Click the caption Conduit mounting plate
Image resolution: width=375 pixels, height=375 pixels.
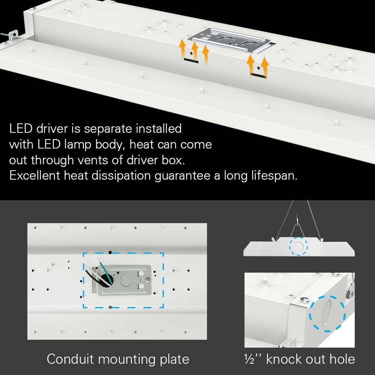click(x=118, y=359)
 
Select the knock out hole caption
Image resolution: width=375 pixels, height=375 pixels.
click(x=299, y=359)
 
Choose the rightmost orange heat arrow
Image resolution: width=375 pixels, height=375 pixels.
click(x=265, y=65)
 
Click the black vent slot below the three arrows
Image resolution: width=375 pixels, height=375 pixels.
click(x=190, y=60)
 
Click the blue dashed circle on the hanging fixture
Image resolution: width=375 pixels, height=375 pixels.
click(x=298, y=246)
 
